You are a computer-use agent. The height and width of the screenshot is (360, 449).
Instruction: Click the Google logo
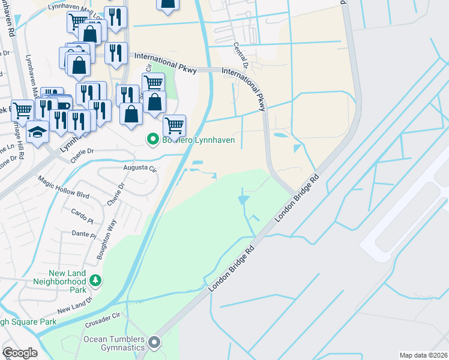(x=20, y=353)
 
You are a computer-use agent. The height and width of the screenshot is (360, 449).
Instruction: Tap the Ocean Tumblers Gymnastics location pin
(x=154, y=343)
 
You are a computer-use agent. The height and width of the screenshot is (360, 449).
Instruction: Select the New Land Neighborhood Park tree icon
(x=94, y=280)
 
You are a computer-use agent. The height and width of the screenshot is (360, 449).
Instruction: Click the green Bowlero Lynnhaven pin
(x=153, y=140)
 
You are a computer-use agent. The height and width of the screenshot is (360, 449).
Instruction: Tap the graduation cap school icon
(x=37, y=132)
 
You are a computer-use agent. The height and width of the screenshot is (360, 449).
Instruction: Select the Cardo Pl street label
(x=83, y=211)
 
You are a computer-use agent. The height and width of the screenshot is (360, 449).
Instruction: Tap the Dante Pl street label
(x=84, y=234)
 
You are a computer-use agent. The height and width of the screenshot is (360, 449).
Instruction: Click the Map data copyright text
(x=423, y=355)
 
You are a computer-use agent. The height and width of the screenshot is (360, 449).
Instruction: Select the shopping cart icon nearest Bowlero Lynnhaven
(x=174, y=125)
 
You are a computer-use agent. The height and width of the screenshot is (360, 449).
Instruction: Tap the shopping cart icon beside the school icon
(x=22, y=110)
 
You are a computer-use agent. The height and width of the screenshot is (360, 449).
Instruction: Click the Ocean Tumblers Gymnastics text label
(x=114, y=343)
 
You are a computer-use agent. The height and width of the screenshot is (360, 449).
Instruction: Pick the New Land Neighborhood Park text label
(x=59, y=281)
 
